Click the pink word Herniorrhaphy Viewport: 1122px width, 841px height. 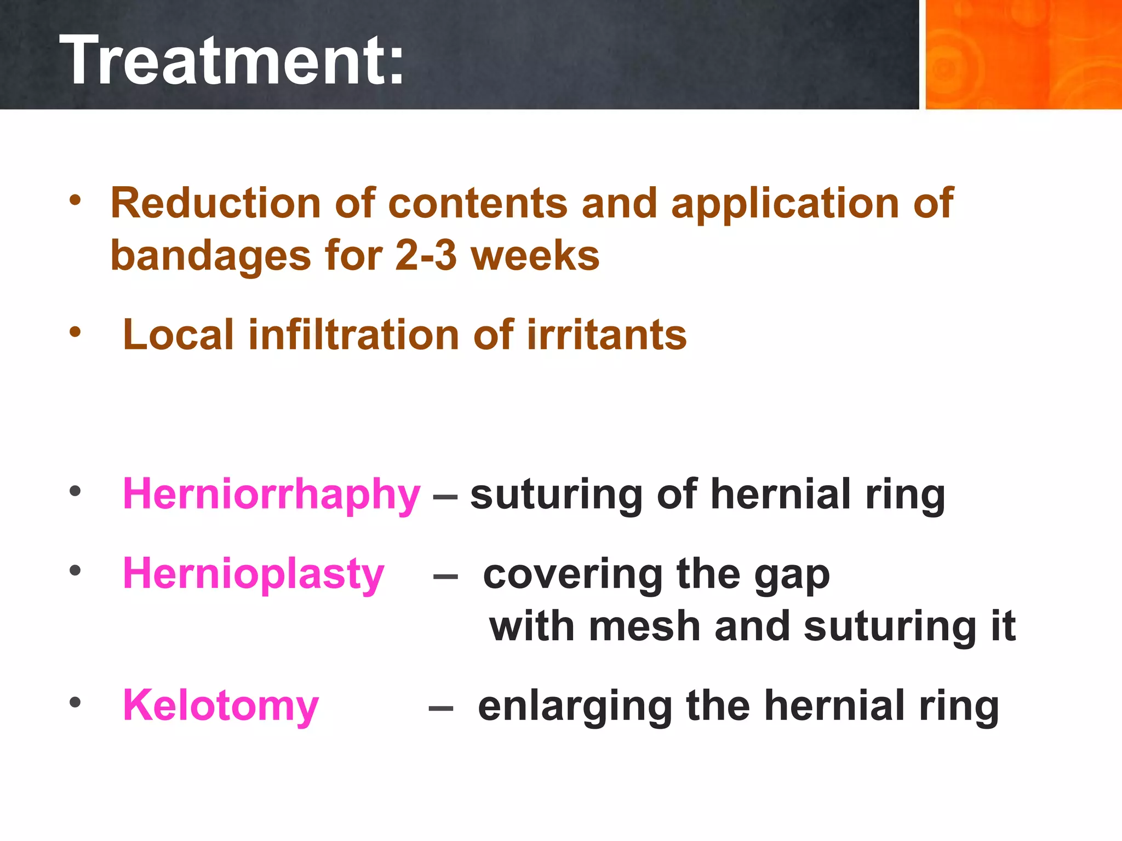[x=271, y=494]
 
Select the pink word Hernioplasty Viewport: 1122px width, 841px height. [x=253, y=574]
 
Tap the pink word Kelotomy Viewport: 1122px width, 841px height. [x=220, y=705]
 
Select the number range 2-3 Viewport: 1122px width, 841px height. [x=426, y=256]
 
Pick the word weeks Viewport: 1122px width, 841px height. [x=535, y=256]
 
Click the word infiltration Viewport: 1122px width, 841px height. [x=354, y=335]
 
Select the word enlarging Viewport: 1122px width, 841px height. [x=575, y=706]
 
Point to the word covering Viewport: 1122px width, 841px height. [x=573, y=574]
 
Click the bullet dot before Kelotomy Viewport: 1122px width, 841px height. [x=75, y=702]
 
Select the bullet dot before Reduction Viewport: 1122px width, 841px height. [x=75, y=199]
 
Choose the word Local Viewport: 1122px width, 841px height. [x=179, y=335]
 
